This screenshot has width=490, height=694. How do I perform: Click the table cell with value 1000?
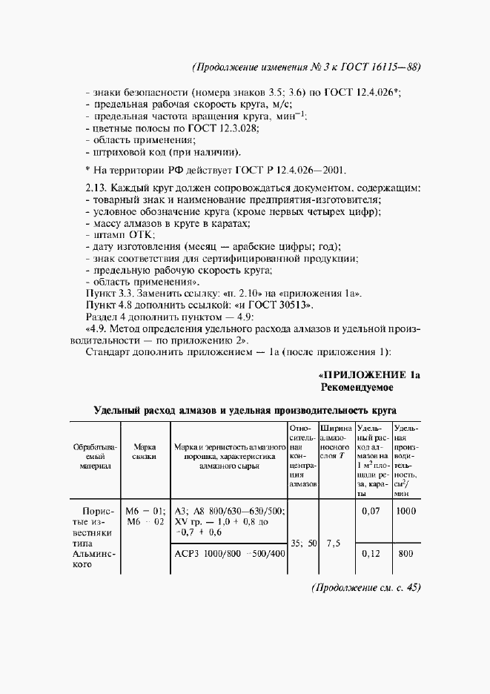pyautogui.click(x=406, y=511)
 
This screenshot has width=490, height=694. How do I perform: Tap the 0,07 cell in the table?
pyautogui.click(x=371, y=511)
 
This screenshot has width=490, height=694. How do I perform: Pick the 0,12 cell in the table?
pyautogui.click(x=371, y=553)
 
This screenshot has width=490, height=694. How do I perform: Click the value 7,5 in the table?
pyautogui.click(x=334, y=543)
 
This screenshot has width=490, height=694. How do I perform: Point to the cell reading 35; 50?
pyautogui.click(x=302, y=543)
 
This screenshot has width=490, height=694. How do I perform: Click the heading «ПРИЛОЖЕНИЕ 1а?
pyautogui.click(x=369, y=375)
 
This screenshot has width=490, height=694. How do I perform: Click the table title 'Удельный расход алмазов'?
pyautogui.click(x=245, y=409)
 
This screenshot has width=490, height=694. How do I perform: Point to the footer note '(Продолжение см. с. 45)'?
pyautogui.click(x=366, y=588)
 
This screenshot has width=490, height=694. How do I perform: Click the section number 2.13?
pyautogui.click(x=98, y=188)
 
